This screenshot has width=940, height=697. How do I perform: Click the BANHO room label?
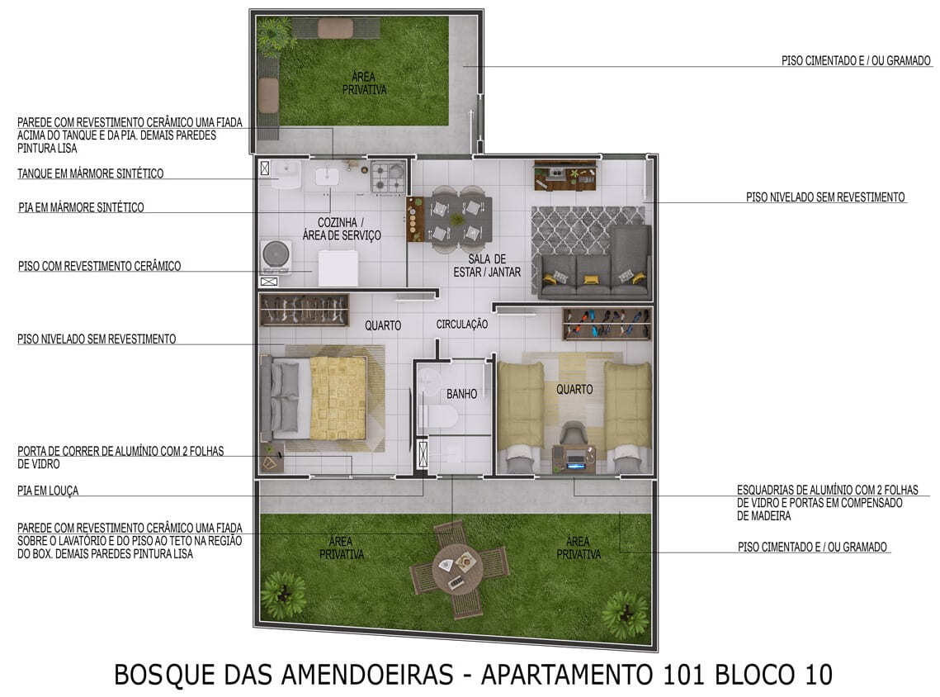coord(461,394)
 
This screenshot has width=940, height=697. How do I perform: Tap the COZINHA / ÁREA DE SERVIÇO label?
coord(349,229)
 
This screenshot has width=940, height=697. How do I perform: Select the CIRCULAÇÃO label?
coord(461,325)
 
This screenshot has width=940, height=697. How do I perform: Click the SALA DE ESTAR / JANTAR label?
coord(487,265)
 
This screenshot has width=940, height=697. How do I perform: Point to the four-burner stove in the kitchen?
coord(387,177)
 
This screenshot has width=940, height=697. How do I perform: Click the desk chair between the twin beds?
coord(572,434)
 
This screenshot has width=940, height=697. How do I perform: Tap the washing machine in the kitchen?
coord(275,256)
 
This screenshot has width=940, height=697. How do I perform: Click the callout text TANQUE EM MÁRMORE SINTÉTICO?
coord(90,173)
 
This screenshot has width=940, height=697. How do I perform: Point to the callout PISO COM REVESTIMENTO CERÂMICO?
coord(99,266)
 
